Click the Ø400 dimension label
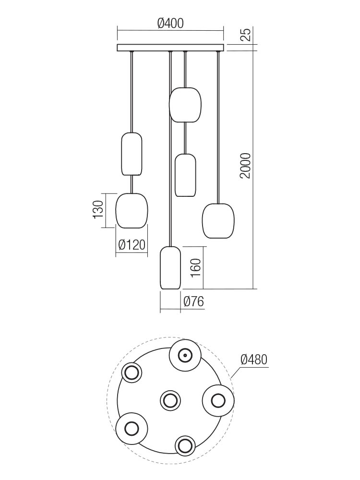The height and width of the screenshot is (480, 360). click(x=170, y=23)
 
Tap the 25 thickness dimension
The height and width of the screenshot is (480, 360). click(x=245, y=35)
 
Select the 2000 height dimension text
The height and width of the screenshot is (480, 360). click(x=245, y=166)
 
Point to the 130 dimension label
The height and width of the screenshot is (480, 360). click(x=98, y=210)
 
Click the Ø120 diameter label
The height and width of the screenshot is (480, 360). click(x=132, y=245)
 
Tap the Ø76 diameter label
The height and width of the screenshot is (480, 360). click(x=194, y=302)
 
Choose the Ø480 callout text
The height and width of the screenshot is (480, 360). click(x=253, y=360)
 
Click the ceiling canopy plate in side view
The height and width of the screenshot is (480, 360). click(x=170, y=48)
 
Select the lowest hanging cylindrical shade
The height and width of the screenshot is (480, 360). click(x=170, y=268)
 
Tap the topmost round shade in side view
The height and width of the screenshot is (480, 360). click(x=185, y=105)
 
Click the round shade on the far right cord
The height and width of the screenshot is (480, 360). click(x=218, y=221)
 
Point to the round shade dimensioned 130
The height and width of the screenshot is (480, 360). click(x=132, y=210)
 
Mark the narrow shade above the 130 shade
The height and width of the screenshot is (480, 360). click(x=132, y=154)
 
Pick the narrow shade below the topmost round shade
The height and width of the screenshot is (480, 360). click(x=185, y=175)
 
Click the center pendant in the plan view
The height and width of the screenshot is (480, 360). click(x=169, y=400)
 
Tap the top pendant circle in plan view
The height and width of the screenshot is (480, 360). click(x=185, y=355)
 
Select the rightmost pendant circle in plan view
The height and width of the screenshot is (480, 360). click(x=217, y=400)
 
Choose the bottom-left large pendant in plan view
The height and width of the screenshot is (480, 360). click(x=131, y=427)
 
